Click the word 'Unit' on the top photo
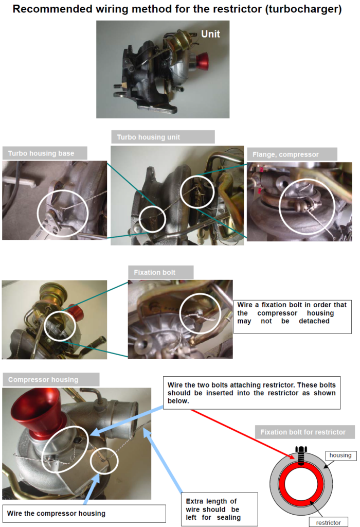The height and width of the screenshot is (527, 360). coord(210,34)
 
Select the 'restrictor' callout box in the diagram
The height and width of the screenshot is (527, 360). coord(325,522)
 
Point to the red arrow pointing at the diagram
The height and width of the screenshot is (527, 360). coord(242,433)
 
